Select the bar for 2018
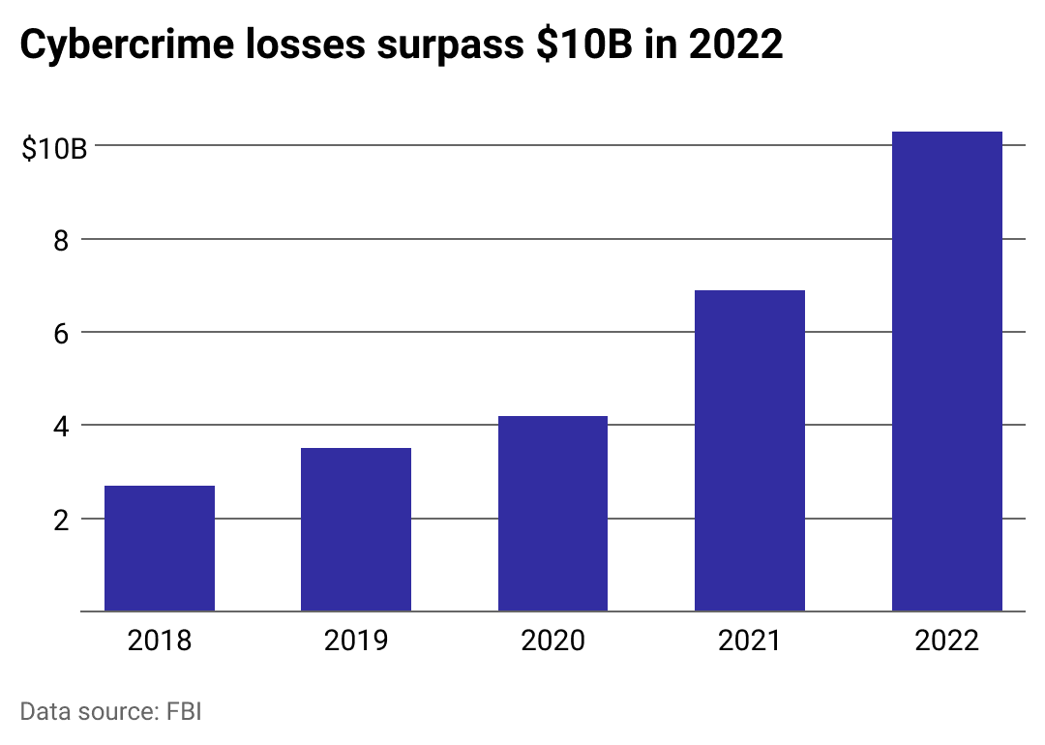(160, 549)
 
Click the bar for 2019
(356, 529)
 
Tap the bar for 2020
(552, 514)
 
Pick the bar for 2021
(750, 451)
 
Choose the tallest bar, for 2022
(946, 372)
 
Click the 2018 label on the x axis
(160, 641)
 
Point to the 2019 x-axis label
(356, 641)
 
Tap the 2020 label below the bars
(552, 641)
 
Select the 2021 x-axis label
(750, 641)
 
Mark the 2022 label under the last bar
(946, 641)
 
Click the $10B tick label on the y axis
(54, 149)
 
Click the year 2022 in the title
(736, 46)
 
